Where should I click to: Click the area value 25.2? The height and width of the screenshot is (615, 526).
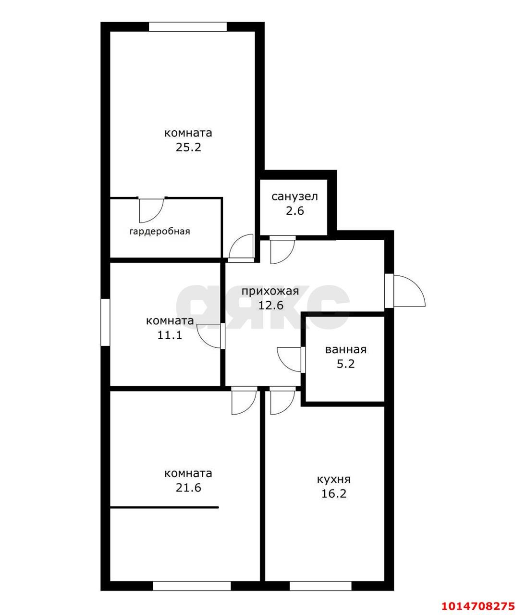(x=188, y=148)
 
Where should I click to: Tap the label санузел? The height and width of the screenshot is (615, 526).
(x=294, y=197)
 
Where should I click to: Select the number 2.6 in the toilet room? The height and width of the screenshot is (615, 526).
(x=294, y=211)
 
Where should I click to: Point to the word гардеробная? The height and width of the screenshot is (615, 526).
(x=160, y=232)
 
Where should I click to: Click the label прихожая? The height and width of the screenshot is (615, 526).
(x=270, y=291)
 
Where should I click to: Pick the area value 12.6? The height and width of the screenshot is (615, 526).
(x=270, y=305)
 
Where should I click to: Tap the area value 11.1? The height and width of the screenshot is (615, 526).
(x=170, y=335)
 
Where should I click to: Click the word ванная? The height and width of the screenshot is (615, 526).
(x=346, y=350)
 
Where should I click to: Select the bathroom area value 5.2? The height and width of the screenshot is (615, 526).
(x=346, y=364)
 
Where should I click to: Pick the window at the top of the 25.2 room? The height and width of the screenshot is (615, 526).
(x=188, y=26)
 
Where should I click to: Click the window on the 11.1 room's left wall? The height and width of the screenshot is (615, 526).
(x=105, y=322)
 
